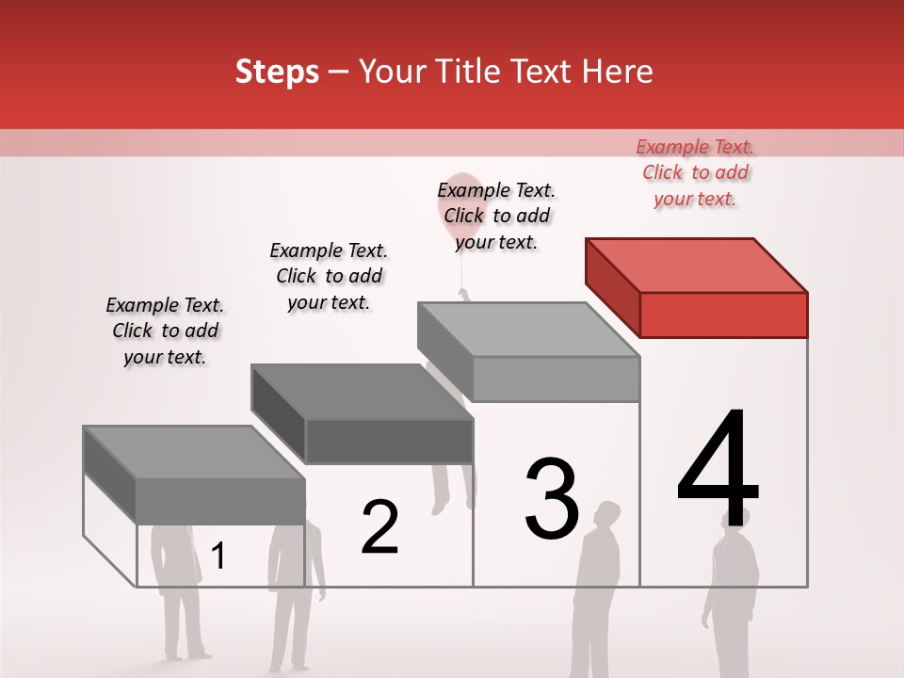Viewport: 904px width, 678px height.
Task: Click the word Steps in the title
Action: (x=277, y=72)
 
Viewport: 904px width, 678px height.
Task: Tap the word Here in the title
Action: (x=616, y=72)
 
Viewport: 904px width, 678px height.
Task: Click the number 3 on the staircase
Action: (x=552, y=499)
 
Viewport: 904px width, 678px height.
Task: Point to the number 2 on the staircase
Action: (x=379, y=527)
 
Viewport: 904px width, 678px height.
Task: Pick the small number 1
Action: (x=218, y=557)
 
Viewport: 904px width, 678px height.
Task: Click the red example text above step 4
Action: (x=695, y=172)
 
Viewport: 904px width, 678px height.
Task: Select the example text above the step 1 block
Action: (x=165, y=331)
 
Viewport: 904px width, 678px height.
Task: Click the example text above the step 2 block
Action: (x=329, y=276)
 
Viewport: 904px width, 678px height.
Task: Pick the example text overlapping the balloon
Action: (x=496, y=216)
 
